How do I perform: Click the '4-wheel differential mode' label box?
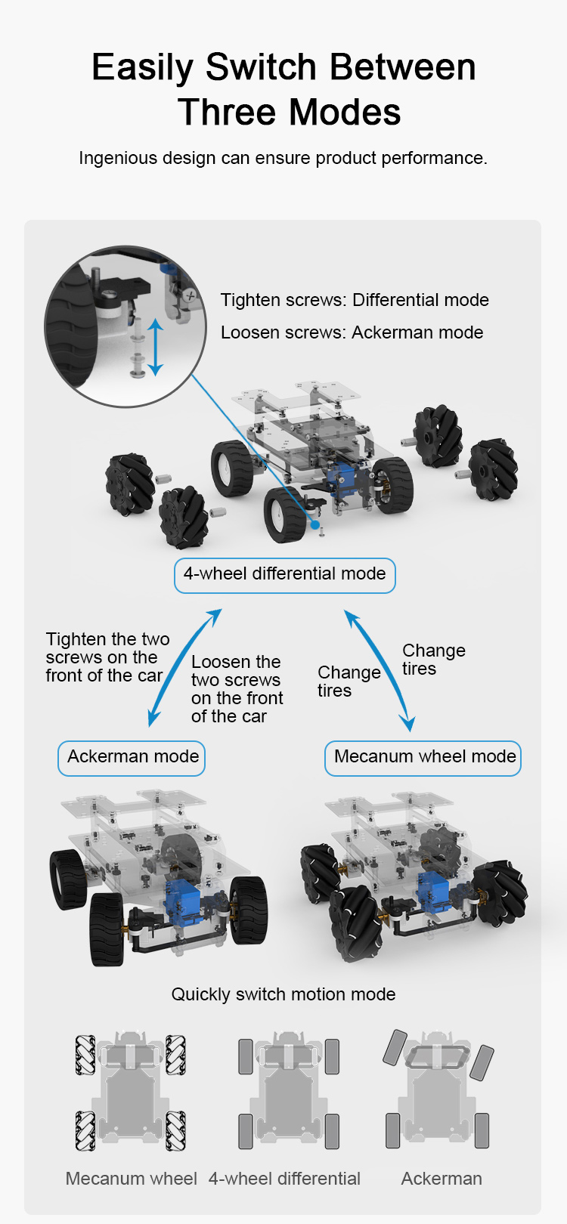pos(284,576)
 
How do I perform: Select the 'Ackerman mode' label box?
pos(132,758)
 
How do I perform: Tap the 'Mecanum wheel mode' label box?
pos(423,758)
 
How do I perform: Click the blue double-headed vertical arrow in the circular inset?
pos(155,348)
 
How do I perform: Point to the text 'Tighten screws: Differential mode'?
pos(355,300)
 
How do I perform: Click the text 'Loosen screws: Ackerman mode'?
pos(352,332)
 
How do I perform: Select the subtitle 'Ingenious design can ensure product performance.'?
pos(283,158)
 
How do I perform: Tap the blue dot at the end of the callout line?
pos(315,524)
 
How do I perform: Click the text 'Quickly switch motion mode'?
pos(283,994)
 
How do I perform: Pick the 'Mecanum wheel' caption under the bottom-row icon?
pos(132,1178)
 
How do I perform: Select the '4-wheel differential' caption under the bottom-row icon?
pos(284,1178)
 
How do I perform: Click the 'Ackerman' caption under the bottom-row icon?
pos(442,1178)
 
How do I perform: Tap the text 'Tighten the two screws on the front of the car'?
pos(107,657)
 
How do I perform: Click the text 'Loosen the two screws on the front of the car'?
pos(237,688)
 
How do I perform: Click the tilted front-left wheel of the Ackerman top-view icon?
pos(395,1047)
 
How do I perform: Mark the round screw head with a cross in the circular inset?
pos(191,295)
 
